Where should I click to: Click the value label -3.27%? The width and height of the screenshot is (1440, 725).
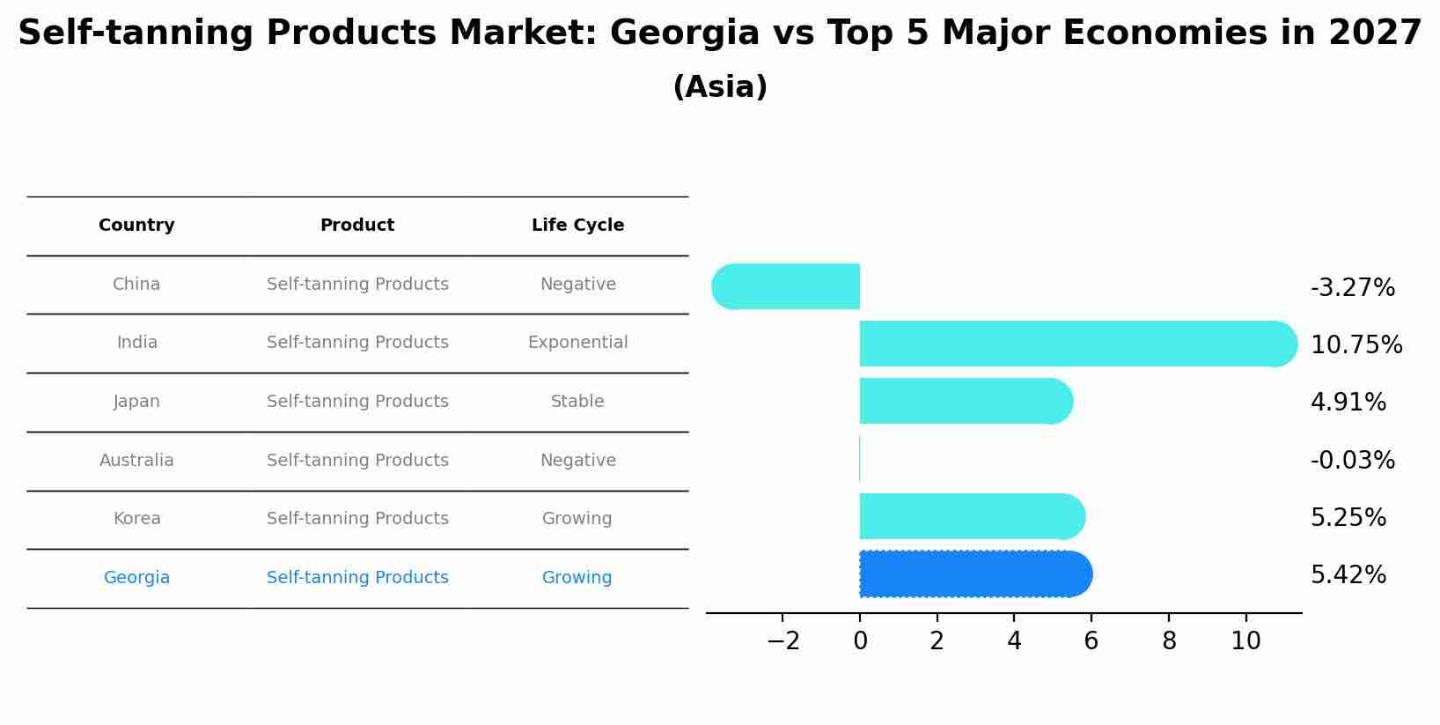click(1352, 288)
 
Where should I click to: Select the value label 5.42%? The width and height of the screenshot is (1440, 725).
click(1348, 575)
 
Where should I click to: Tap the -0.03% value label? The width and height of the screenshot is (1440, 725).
click(1352, 461)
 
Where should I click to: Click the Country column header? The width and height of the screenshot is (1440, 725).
click(136, 226)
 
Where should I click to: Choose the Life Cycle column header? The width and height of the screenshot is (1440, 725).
click(577, 226)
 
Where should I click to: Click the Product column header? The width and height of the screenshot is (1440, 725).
click(356, 226)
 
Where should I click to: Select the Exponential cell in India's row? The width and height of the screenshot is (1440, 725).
click(577, 343)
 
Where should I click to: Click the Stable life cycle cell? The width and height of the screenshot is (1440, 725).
click(577, 402)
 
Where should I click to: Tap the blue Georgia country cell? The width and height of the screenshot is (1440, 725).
click(136, 578)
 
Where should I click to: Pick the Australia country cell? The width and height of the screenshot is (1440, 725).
click(136, 461)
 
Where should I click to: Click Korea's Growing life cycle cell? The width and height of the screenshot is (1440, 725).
click(577, 519)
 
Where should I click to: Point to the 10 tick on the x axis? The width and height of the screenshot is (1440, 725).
click(1245, 641)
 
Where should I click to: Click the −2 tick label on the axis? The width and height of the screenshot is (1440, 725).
click(782, 641)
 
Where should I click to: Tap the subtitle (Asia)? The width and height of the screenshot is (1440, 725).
click(719, 87)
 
